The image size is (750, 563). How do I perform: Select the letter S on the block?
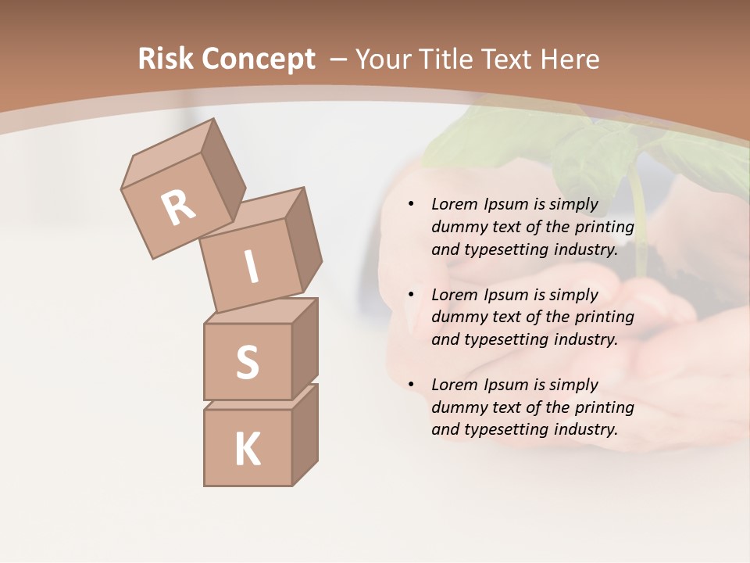(x=247, y=362)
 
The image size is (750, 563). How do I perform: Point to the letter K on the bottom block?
(x=247, y=450)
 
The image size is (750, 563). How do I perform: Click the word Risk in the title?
(x=166, y=59)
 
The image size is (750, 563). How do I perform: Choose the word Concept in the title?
(x=259, y=59)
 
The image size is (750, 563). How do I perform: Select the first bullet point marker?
(x=411, y=205)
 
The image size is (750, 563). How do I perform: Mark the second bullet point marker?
(x=411, y=295)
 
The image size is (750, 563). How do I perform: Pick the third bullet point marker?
(x=411, y=385)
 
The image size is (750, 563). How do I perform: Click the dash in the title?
(x=339, y=59)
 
